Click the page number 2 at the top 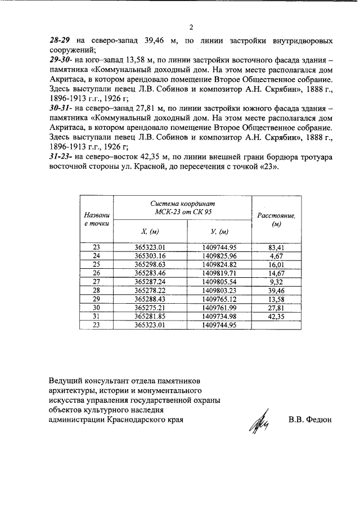[x=191, y=28]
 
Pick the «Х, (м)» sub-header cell [x=150, y=232]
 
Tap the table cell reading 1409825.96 [x=218, y=256]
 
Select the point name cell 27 [x=96, y=281]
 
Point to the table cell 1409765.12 [x=218, y=299]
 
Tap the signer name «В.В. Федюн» [x=310, y=420]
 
